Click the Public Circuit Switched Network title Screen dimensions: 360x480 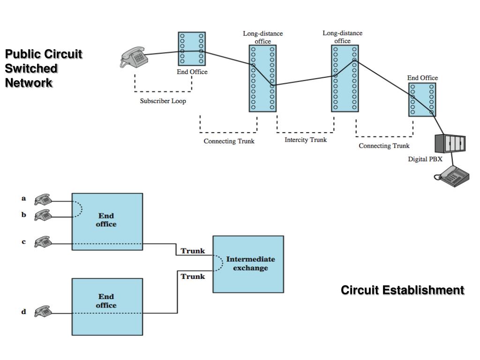coord(44,68)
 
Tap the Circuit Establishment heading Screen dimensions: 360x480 coord(403,290)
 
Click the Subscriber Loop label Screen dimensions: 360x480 coord(163,101)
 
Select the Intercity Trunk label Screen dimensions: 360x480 coord(306,140)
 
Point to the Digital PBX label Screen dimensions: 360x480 coord(425,159)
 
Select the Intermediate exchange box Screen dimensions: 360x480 coord(248,264)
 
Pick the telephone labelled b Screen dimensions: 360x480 coord(44,216)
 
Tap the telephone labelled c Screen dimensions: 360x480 coord(44,242)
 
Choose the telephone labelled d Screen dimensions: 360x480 coord(44,312)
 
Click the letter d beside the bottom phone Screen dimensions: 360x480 coord(23,311)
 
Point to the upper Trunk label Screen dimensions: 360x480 coord(193,251)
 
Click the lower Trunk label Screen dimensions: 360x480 coord(193,277)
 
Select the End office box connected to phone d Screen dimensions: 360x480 coord(107,307)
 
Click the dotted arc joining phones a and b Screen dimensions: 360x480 coord(80,210)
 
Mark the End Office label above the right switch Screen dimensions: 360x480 coord(422,78)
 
